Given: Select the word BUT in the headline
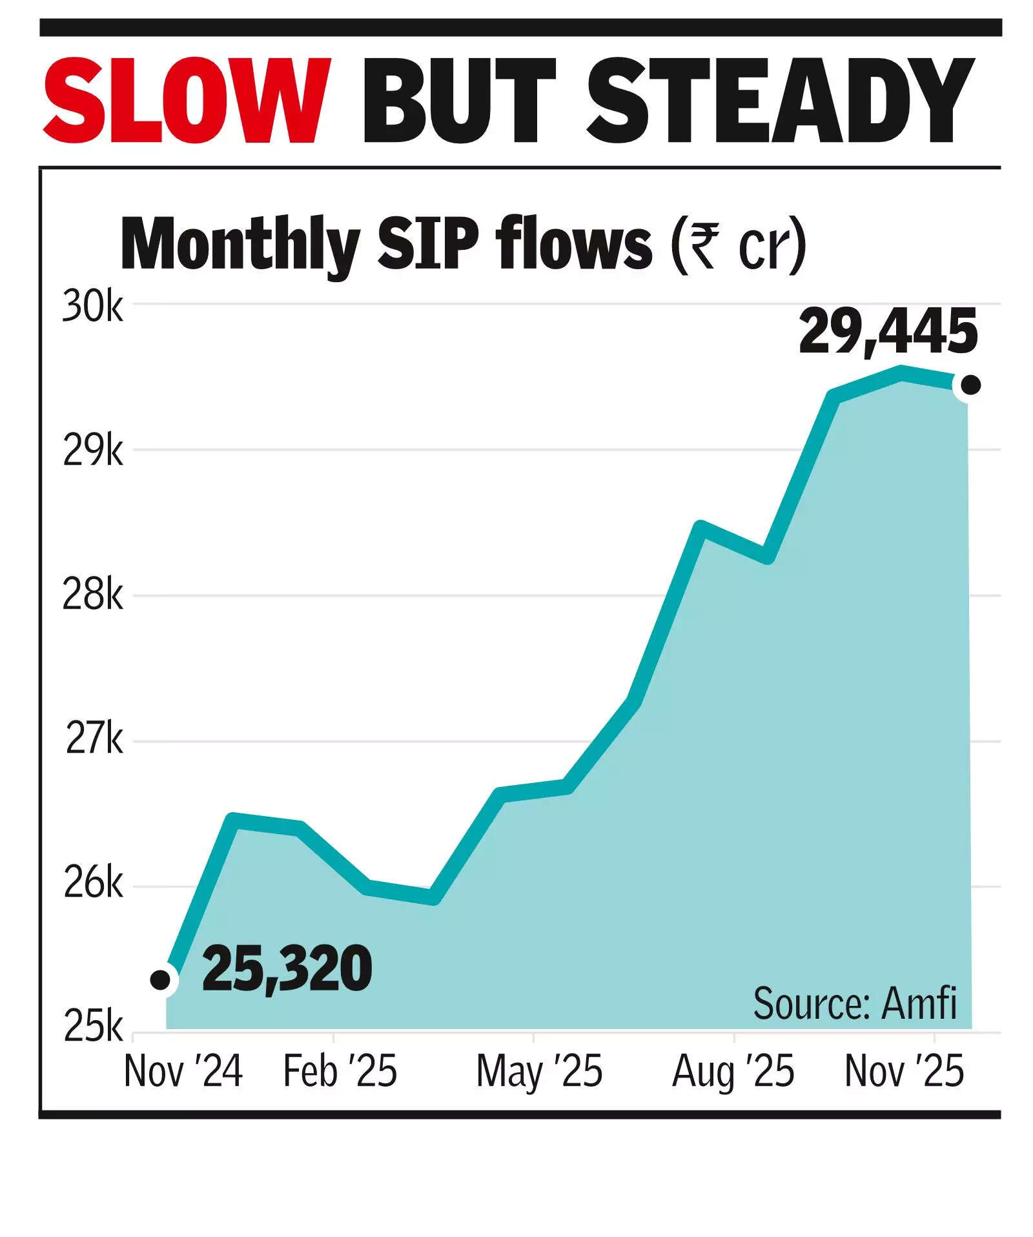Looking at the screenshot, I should (458, 101).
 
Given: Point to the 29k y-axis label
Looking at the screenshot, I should (92, 452).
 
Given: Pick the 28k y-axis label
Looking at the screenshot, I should (92, 596).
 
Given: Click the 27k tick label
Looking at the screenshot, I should (94, 741).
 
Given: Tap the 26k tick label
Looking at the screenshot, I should (93, 885).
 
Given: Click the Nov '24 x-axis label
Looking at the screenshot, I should (183, 1072).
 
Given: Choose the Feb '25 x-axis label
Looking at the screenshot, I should (340, 1072).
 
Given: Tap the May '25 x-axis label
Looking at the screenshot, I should (539, 1072).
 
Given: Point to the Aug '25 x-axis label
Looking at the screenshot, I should (733, 1072).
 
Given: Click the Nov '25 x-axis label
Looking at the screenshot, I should (904, 1072).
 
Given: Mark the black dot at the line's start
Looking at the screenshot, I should (160, 980).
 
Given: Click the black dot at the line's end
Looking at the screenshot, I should (970, 385).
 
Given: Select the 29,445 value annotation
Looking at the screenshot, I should (888, 333).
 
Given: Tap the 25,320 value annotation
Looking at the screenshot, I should (287, 969).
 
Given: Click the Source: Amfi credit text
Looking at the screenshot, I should (855, 1003).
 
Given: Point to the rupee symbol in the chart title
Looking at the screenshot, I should (702, 246).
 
